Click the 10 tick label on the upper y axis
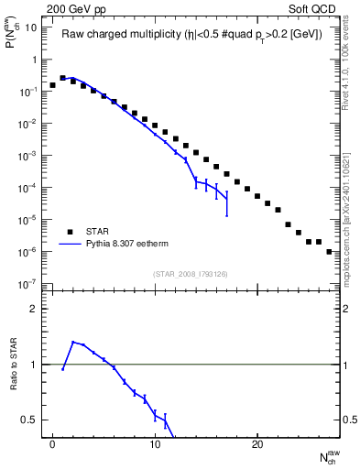tap(31, 27)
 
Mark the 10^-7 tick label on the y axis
tap(29, 285)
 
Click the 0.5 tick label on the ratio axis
tap(31, 420)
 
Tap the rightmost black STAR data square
tap(329, 251)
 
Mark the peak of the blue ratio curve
tap(72, 342)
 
